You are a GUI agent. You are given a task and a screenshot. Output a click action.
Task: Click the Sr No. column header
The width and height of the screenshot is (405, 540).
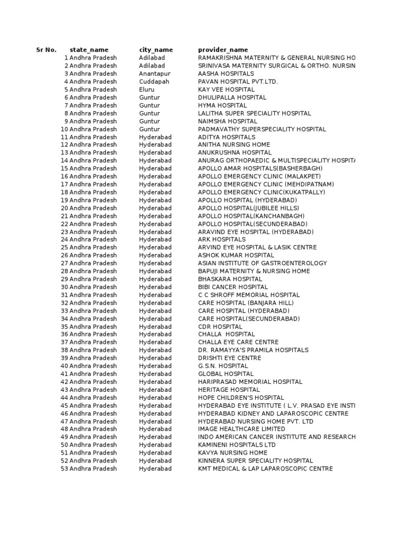point(46,50)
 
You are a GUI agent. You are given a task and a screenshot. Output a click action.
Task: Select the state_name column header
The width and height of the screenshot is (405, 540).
point(89,50)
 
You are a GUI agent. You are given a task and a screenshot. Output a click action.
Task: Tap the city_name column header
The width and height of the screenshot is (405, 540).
point(156,50)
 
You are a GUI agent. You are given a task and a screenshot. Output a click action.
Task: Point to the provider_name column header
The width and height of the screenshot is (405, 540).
point(223,50)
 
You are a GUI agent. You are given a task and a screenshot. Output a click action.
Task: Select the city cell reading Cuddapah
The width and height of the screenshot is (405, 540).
point(154,82)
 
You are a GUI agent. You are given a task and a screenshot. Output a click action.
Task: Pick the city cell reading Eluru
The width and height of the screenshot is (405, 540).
point(147,90)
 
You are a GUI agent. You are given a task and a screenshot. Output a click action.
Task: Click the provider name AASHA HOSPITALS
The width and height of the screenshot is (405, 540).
point(226,74)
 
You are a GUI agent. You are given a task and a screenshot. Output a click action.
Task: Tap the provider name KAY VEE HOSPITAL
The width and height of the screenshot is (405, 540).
point(226,90)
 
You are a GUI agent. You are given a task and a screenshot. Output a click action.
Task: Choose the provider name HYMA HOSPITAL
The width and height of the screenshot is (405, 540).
point(222,105)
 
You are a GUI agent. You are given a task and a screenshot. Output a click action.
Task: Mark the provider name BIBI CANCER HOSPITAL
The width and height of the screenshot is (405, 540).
point(233,287)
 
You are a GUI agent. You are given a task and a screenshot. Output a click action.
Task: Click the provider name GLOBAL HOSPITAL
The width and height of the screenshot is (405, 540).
point(226,374)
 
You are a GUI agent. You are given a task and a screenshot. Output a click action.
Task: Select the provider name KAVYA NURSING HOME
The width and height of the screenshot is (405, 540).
point(233,452)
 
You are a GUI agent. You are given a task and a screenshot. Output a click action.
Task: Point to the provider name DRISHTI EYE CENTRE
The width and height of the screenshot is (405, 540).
point(229,358)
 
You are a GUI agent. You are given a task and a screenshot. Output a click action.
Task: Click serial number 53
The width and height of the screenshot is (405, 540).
point(64,468)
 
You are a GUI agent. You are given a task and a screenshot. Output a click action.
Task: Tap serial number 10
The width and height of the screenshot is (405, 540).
point(64,129)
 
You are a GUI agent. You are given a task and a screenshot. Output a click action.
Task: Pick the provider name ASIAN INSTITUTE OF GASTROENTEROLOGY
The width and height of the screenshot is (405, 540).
point(262,263)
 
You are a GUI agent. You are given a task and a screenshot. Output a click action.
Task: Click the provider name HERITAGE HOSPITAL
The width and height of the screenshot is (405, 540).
point(229,390)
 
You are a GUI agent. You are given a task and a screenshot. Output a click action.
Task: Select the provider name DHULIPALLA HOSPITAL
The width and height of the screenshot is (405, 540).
point(232,98)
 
